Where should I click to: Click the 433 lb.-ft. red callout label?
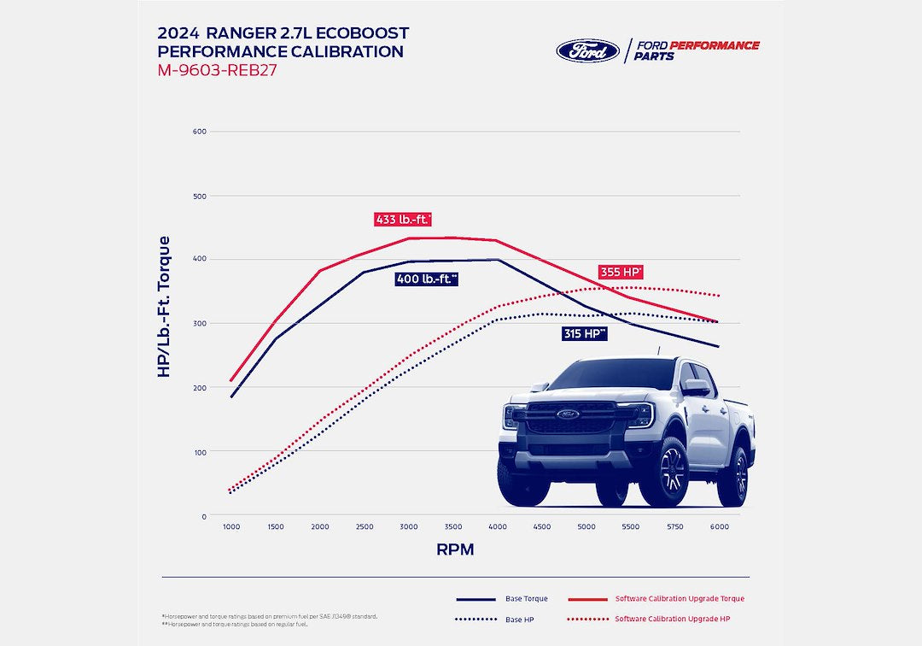403,220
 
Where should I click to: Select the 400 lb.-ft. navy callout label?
427,279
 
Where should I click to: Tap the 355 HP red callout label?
621,273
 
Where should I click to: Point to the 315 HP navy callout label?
585,333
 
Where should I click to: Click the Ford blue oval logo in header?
587,50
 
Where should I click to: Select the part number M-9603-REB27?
217,70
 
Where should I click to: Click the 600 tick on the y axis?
199,132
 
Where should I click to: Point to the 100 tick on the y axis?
199,452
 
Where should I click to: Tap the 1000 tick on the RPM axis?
231,528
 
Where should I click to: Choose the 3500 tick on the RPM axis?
453,528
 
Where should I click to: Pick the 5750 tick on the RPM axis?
675,528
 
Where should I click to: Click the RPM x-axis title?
455,550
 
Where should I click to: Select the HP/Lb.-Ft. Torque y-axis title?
165,306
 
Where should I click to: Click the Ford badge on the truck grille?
568,414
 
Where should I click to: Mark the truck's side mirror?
696,387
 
